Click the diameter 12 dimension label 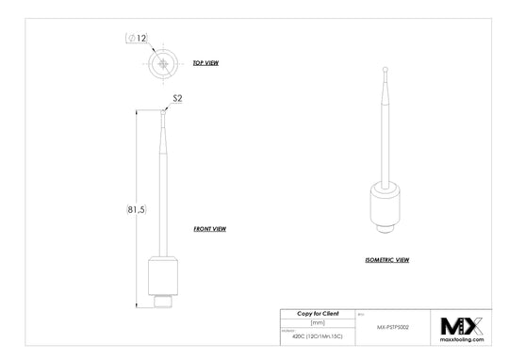pyautogui.click(x=137, y=39)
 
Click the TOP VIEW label pyautogui.click(x=206, y=62)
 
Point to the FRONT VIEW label pyautogui.click(x=209, y=229)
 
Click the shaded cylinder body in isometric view pyautogui.click(x=385, y=205)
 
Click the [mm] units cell pyautogui.click(x=317, y=321)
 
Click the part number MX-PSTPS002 pyautogui.click(x=392, y=327)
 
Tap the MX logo pyautogui.click(x=462, y=325)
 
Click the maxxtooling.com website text pyautogui.click(x=462, y=340)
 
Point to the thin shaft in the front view pyautogui.click(x=165, y=188)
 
